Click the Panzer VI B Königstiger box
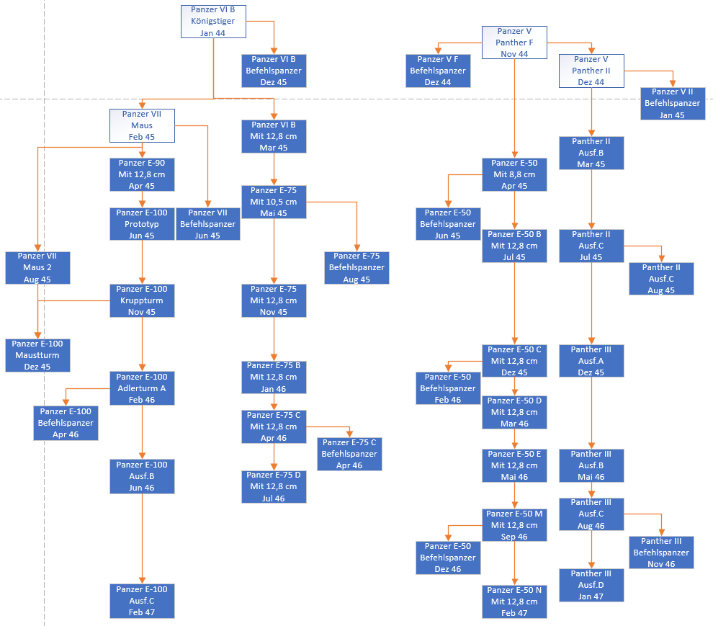[x=213, y=21]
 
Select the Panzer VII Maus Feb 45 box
[x=142, y=125]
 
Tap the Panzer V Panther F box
[x=514, y=43]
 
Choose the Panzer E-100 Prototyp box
[x=142, y=224]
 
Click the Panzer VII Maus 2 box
[x=37, y=267]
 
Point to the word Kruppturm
[x=142, y=300]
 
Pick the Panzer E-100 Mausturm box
[x=37, y=355]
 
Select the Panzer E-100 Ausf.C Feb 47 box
[x=142, y=601]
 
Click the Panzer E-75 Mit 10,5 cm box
[x=274, y=202]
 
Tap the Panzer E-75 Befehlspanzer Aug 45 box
[x=356, y=267]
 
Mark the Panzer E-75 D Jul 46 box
[x=274, y=486]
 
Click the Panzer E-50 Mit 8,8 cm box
[x=514, y=174]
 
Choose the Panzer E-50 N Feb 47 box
[x=514, y=602]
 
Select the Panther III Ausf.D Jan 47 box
[x=591, y=585]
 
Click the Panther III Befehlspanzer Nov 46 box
[x=661, y=553]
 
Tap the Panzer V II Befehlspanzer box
[x=672, y=103]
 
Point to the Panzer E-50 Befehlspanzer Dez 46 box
[x=448, y=558]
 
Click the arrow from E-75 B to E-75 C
[x=274, y=401]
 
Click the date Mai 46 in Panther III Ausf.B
[x=591, y=477]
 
